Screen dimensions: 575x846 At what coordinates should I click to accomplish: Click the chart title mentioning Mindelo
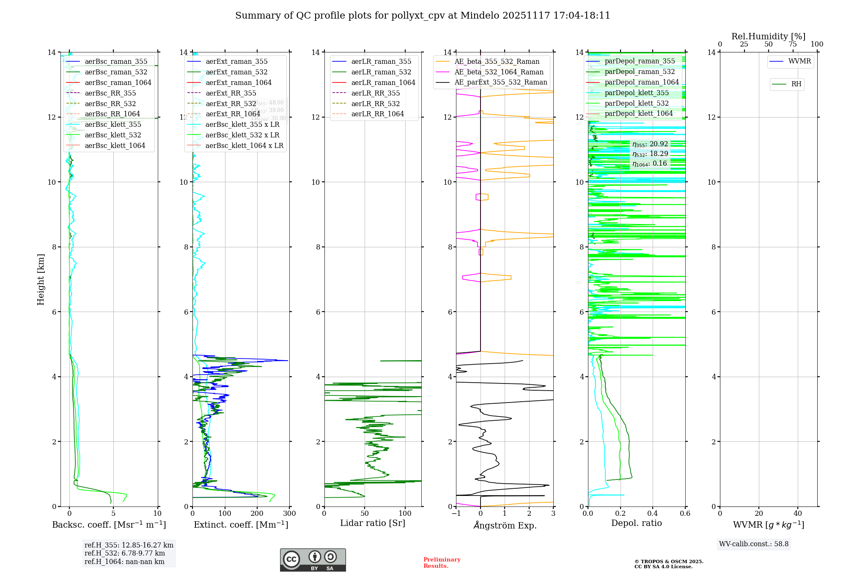pos(423,16)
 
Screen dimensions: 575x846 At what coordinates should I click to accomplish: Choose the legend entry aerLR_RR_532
pos(375,104)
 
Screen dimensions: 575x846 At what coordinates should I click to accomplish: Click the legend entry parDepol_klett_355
pos(637,93)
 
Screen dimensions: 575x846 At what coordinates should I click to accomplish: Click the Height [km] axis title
pos(41,279)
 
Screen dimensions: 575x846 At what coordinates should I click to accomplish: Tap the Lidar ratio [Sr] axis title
pos(373,523)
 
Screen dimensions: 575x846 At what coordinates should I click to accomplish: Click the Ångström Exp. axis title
pos(505,525)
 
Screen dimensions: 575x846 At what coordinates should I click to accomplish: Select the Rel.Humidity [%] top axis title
pos(768,36)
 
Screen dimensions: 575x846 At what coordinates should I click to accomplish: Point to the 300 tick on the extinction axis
pos(289,514)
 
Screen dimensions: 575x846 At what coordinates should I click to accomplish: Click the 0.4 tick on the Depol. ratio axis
pos(653,514)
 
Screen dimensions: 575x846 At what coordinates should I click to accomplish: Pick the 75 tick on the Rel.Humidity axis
pos(793,44)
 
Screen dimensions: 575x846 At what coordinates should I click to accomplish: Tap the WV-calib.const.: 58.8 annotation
pos(754,544)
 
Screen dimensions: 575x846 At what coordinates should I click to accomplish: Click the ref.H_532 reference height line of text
pos(125,553)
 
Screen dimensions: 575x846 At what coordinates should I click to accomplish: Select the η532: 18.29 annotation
pos(650,154)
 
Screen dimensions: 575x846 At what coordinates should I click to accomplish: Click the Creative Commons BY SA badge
pos(313,560)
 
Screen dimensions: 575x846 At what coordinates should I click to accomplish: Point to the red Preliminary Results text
pos(442,563)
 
